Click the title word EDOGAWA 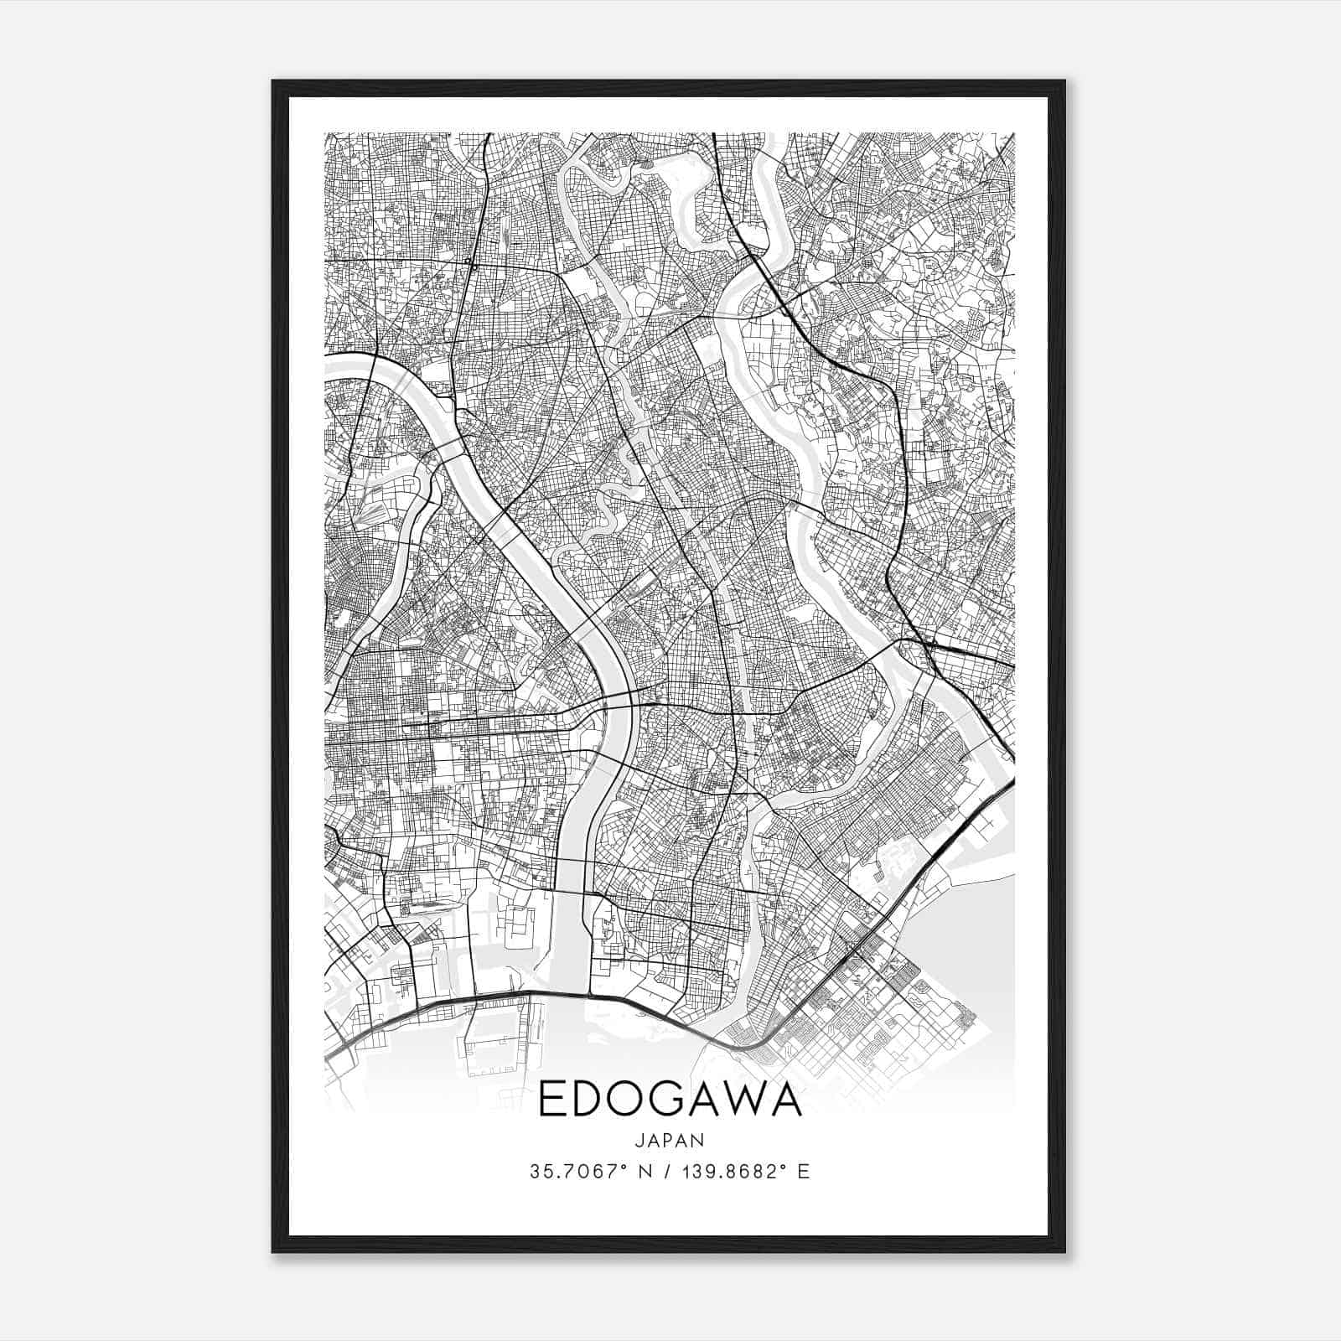point(670,1100)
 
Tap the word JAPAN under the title point(670,1140)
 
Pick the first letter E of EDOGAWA point(550,1100)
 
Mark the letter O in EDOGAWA point(623,1100)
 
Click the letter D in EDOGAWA point(584,1100)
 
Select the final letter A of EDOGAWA point(788,1100)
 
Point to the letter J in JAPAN point(639,1140)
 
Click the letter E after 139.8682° point(804,1172)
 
